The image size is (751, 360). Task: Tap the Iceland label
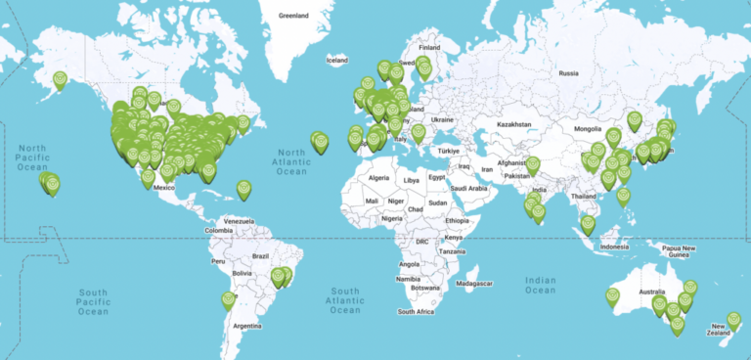[336, 61]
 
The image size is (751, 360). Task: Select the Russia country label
[569, 72]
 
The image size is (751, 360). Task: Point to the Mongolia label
[587, 128]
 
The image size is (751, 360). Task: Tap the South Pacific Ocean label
[93, 301]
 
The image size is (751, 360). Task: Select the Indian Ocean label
[540, 285]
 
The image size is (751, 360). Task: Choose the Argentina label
[246, 325]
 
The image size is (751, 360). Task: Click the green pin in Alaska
[60, 79]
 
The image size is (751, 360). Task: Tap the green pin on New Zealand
[733, 320]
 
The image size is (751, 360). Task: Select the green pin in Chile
[228, 299]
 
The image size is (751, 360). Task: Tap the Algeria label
[377, 180]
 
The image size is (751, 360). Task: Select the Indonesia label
[614, 247]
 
